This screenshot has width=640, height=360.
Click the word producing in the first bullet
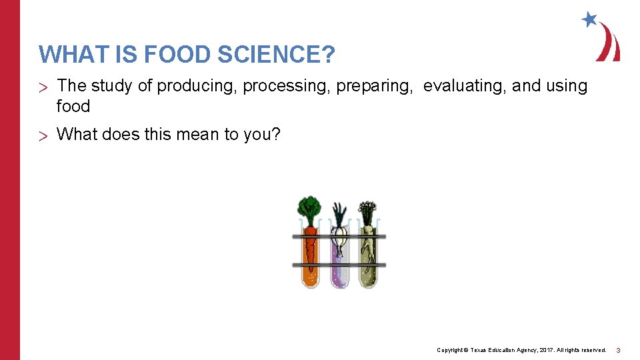pos(197,86)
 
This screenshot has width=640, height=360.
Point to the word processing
pos(286,86)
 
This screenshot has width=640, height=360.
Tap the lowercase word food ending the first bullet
pos(73,106)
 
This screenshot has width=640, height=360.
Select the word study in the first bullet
pos(114,86)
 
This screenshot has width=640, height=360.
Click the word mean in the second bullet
pos(199,134)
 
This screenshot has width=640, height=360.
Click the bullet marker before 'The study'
pos(44,87)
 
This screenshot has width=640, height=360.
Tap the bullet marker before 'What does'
pos(44,135)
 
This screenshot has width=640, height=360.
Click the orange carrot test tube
pos(310,257)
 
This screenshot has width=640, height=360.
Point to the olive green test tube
pos(369,260)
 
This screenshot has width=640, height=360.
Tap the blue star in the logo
pos(589,19)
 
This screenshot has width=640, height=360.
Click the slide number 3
pos(618,350)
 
